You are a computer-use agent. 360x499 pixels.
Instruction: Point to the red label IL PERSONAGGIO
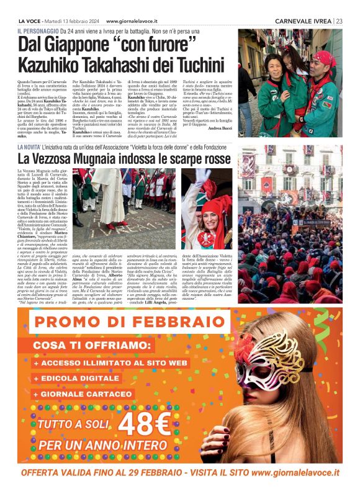pos(40,30)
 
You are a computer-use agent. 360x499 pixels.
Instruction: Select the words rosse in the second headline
pos(212,160)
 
